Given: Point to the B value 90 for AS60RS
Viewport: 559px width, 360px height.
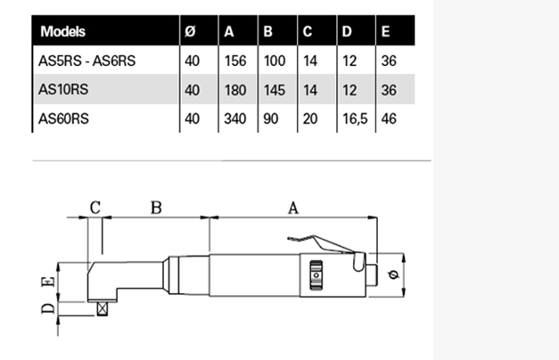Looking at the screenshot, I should (270, 117).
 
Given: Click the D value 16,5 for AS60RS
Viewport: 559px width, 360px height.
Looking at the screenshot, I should (351, 117).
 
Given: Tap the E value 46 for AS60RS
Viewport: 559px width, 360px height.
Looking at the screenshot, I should (388, 117).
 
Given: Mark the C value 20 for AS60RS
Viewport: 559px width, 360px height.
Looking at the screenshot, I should (309, 117).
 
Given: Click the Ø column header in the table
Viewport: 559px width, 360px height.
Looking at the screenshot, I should (190, 32).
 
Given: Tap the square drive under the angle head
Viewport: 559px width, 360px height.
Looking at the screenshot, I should (104, 307).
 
